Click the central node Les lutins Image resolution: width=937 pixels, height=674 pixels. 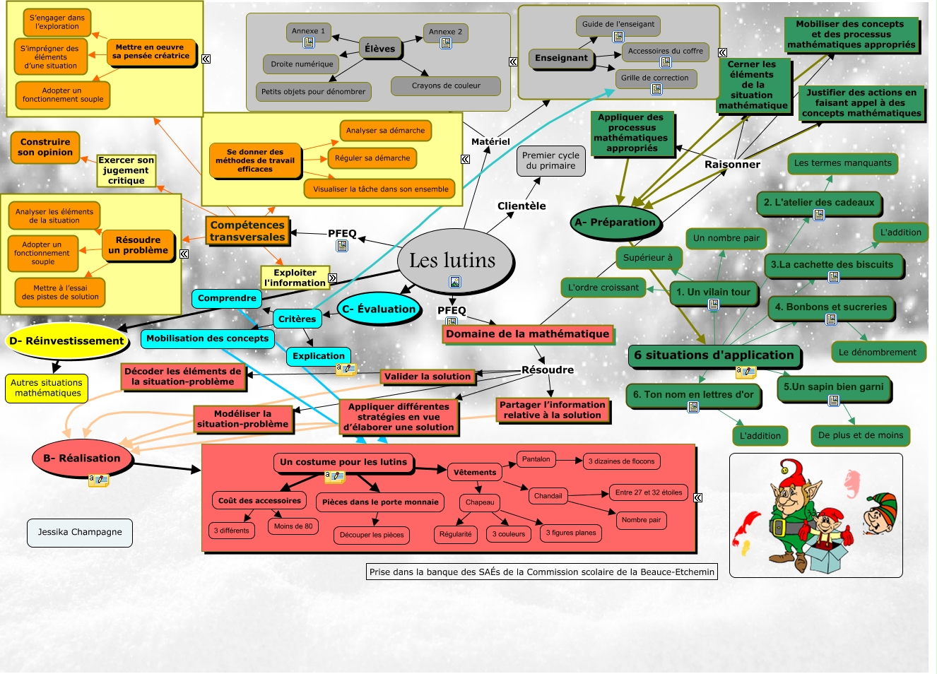[452, 261]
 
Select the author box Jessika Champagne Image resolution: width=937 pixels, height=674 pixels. [80, 532]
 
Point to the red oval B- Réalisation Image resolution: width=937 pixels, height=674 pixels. [82, 458]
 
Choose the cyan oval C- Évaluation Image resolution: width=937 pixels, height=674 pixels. [379, 309]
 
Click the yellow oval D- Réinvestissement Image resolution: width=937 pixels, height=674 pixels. [67, 341]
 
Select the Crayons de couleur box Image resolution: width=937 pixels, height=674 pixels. [446, 85]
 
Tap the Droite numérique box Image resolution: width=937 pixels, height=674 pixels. [302, 64]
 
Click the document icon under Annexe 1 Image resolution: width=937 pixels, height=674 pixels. [309, 42]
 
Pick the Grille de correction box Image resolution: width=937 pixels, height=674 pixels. [654, 78]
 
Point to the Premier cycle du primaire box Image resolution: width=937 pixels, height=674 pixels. [550, 160]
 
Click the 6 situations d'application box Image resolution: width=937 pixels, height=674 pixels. [714, 355]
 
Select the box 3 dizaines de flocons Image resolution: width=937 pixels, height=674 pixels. [621, 461]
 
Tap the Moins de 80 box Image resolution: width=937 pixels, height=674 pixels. [293, 526]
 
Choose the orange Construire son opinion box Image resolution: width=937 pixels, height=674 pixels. [45, 147]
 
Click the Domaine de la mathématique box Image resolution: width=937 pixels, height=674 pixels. [527, 333]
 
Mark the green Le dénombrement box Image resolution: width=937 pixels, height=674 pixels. [877, 352]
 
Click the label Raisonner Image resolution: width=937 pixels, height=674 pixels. [732, 165]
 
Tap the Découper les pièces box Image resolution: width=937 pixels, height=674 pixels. [372, 535]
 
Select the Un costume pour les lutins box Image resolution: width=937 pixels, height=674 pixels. [343, 462]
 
